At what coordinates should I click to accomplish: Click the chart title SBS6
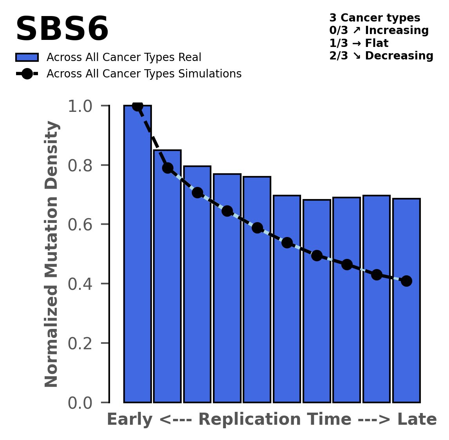(62, 29)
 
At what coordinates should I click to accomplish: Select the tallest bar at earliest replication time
(137, 254)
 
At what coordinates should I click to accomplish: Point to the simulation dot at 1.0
(137, 106)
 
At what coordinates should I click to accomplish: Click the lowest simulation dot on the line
(406, 281)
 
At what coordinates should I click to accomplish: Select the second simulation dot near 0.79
(168, 168)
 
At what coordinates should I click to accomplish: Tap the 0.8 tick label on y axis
(79, 165)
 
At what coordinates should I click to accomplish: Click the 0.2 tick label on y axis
(79, 343)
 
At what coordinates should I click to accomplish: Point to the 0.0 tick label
(79, 403)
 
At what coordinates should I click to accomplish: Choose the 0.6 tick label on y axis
(79, 224)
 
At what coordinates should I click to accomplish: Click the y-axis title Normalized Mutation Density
(52, 254)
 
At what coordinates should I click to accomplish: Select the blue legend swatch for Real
(27, 57)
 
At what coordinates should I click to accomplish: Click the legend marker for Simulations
(27, 74)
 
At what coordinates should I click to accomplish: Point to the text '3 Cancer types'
(375, 18)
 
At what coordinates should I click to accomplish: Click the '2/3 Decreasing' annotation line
(381, 56)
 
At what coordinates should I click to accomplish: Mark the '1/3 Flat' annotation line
(359, 43)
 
